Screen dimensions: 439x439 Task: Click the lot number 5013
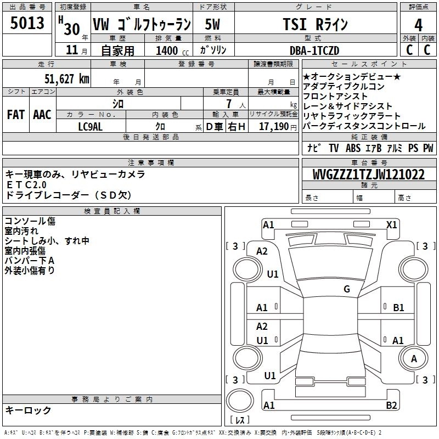click(27, 25)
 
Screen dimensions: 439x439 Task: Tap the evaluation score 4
click(418, 25)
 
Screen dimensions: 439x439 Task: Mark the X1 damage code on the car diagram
click(392, 224)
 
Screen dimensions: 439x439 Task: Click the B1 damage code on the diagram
click(398, 308)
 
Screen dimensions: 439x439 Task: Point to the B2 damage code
click(391, 406)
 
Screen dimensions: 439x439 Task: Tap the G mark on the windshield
click(347, 289)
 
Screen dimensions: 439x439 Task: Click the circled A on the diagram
click(414, 359)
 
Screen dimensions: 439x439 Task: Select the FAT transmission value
click(15, 115)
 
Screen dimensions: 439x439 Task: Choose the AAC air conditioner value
click(42, 115)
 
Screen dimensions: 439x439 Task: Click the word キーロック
click(28, 410)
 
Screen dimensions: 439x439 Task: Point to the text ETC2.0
click(24, 185)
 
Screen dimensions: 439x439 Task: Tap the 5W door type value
click(213, 25)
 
